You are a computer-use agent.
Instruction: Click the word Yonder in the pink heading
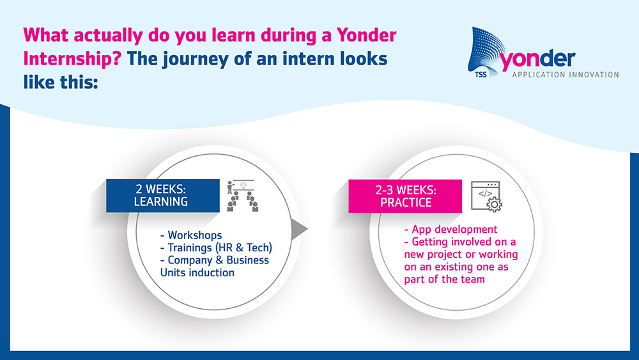(x=366, y=35)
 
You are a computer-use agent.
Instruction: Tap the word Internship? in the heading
(x=72, y=59)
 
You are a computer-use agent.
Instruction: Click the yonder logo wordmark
(x=537, y=59)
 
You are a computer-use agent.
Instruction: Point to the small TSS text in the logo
(x=481, y=75)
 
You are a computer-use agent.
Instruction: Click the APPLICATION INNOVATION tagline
(x=566, y=75)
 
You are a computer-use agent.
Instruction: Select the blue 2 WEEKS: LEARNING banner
(x=162, y=196)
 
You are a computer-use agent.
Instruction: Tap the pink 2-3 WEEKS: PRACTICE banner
(x=405, y=196)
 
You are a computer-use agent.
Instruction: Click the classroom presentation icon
(x=242, y=196)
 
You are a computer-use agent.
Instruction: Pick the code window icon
(x=486, y=196)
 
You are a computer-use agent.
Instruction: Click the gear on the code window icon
(x=494, y=204)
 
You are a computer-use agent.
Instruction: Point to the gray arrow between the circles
(x=299, y=229)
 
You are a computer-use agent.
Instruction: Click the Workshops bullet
(x=191, y=235)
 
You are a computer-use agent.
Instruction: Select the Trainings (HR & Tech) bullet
(x=216, y=248)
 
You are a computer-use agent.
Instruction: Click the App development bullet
(x=450, y=229)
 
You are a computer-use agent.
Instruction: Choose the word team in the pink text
(x=473, y=279)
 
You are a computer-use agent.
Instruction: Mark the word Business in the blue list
(x=247, y=260)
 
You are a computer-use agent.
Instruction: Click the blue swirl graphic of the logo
(x=486, y=51)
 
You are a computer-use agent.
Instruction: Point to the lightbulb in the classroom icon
(x=243, y=185)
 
